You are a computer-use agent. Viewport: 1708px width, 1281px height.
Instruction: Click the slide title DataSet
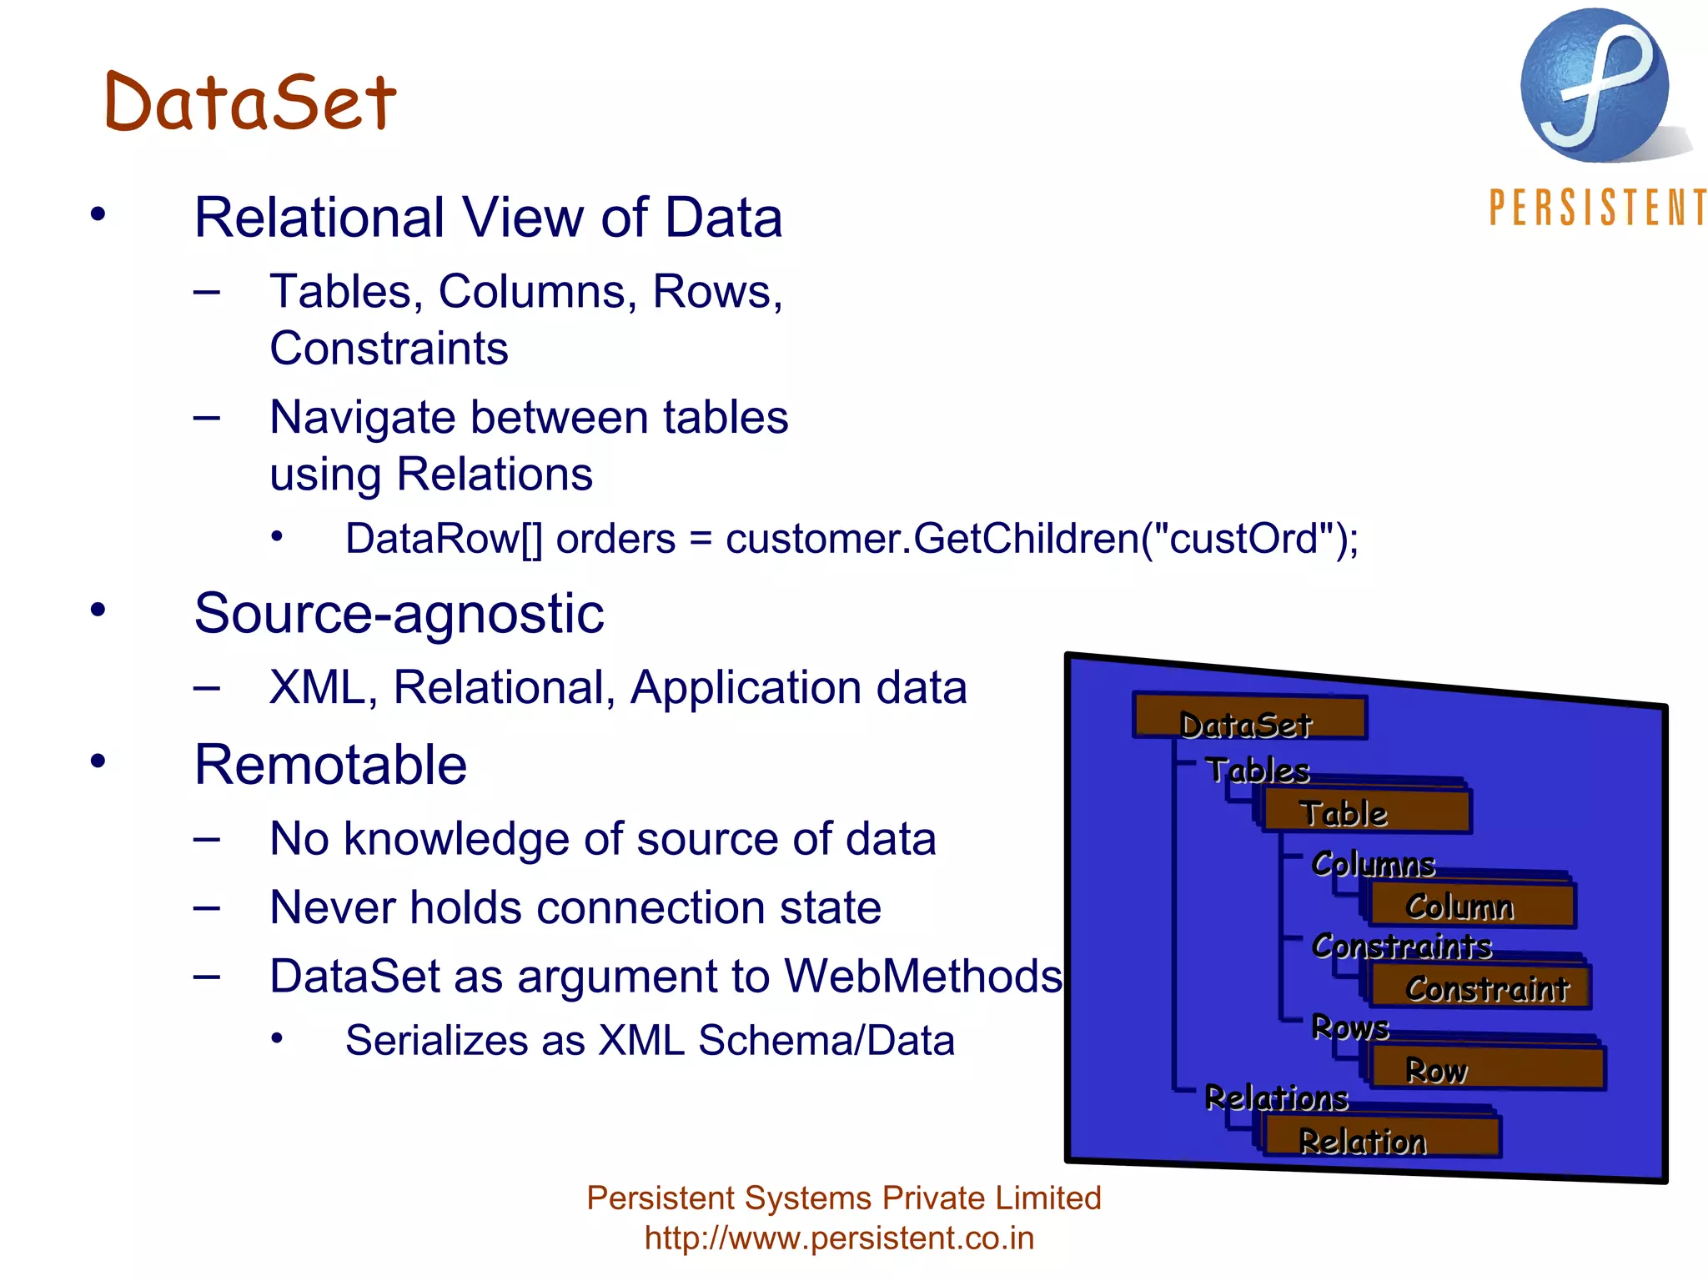[x=250, y=103]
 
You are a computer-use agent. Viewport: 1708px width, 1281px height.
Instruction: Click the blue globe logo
[x=1594, y=86]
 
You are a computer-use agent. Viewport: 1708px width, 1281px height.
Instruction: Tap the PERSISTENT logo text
[x=1597, y=208]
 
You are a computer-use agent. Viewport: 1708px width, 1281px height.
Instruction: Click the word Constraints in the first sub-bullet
[x=389, y=349]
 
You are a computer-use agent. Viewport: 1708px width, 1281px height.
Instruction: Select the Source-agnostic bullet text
[x=399, y=614]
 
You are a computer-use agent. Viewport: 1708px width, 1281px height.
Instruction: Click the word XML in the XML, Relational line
[x=317, y=688]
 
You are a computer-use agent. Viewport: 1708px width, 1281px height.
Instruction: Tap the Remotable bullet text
[x=330, y=765]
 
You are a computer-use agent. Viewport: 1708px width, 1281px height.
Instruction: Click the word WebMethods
[x=922, y=977]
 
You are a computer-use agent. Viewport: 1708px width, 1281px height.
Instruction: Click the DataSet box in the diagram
[x=1248, y=718]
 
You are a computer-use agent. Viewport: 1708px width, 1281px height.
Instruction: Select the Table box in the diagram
[x=1366, y=812]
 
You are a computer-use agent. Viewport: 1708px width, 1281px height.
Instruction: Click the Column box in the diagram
[x=1472, y=906]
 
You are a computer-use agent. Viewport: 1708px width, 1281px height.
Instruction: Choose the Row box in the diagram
[x=1487, y=1069]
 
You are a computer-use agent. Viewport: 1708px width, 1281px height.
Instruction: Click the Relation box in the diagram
[x=1380, y=1138]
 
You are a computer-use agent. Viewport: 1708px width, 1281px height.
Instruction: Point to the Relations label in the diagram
[x=1276, y=1098]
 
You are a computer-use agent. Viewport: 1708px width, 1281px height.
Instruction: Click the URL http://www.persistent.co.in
[x=839, y=1238]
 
